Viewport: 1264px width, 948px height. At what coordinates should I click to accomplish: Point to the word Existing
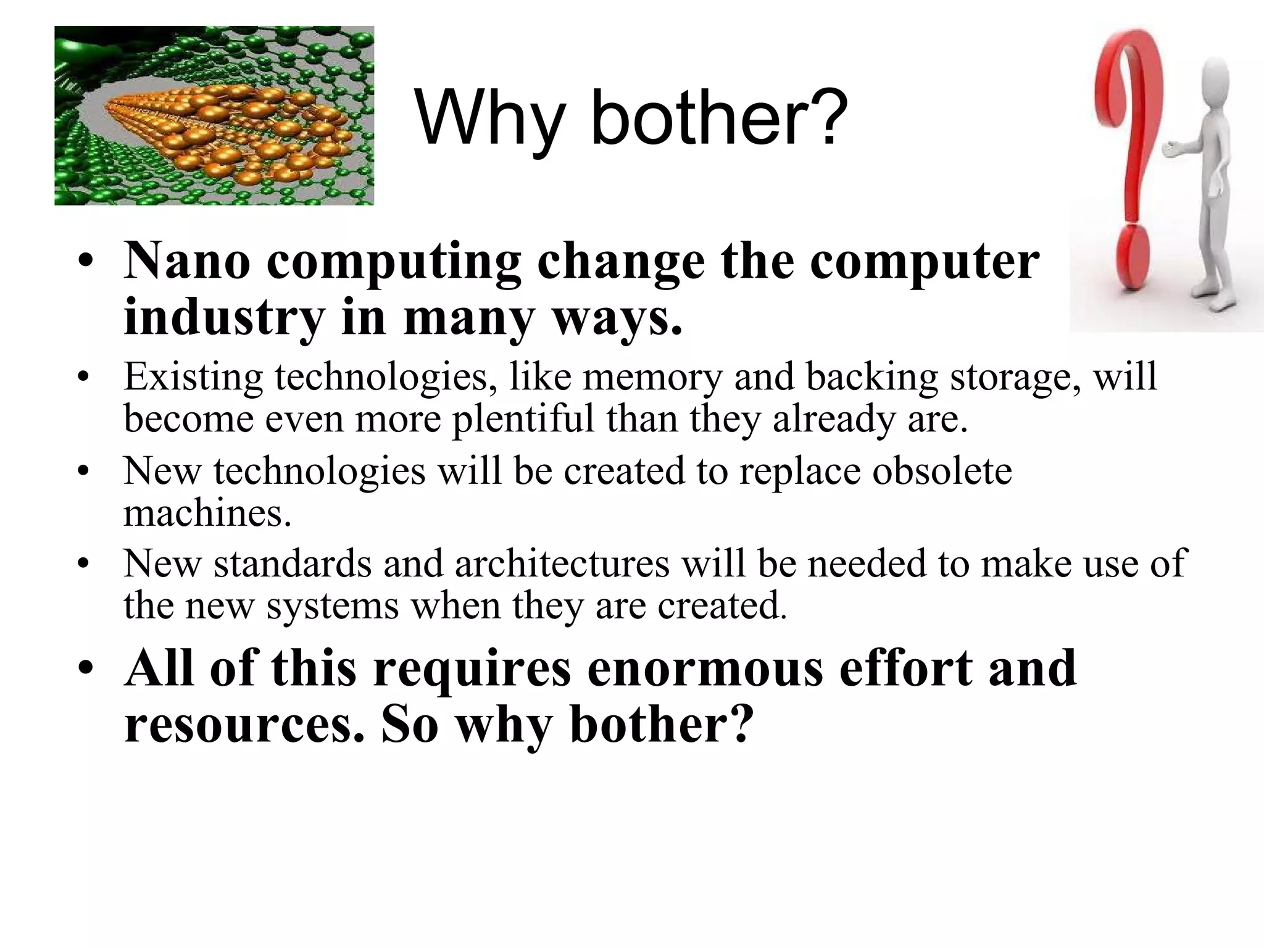point(193,377)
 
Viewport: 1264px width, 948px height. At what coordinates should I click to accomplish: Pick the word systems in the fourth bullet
point(333,605)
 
